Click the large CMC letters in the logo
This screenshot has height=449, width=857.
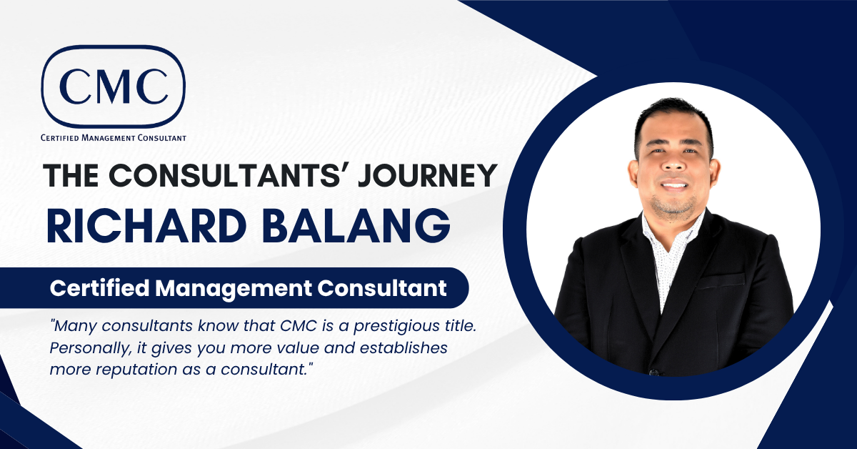coord(114,86)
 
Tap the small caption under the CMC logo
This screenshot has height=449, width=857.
coord(114,138)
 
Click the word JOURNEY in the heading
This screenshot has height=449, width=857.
coord(427,176)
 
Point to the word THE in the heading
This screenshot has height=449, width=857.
coord(71,176)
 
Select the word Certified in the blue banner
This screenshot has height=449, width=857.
coord(99,287)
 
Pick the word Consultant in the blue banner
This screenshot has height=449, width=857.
coord(382,287)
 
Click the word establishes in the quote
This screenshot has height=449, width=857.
coord(404,348)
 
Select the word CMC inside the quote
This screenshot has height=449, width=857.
coord(299,326)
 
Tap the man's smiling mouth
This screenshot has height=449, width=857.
coord(674,185)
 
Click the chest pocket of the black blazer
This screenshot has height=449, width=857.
coord(720,282)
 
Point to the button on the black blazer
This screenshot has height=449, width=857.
coord(654,372)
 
